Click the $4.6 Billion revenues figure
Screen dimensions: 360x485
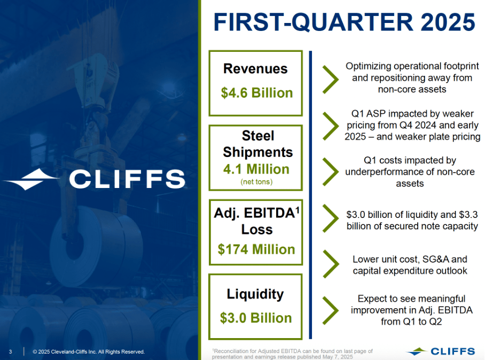[x=256, y=93]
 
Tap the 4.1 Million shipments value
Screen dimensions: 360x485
[x=256, y=169]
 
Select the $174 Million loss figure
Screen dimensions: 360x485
[x=256, y=249]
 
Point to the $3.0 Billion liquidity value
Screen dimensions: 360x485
[x=256, y=318]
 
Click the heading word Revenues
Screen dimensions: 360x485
[x=255, y=69]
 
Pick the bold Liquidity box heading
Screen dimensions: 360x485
[x=255, y=294]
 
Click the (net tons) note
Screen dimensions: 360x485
[x=256, y=182]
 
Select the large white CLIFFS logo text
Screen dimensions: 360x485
[x=127, y=179]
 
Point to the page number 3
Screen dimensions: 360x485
[x=11, y=351]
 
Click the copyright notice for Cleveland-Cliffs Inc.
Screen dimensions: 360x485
[x=89, y=351]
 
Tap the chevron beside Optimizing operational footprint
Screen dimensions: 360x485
[x=331, y=78]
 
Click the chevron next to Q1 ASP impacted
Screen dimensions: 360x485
[x=331, y=125]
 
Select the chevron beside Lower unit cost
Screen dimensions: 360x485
[x=331, y=264]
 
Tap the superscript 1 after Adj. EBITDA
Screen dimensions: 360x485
[x=298, y=211]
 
